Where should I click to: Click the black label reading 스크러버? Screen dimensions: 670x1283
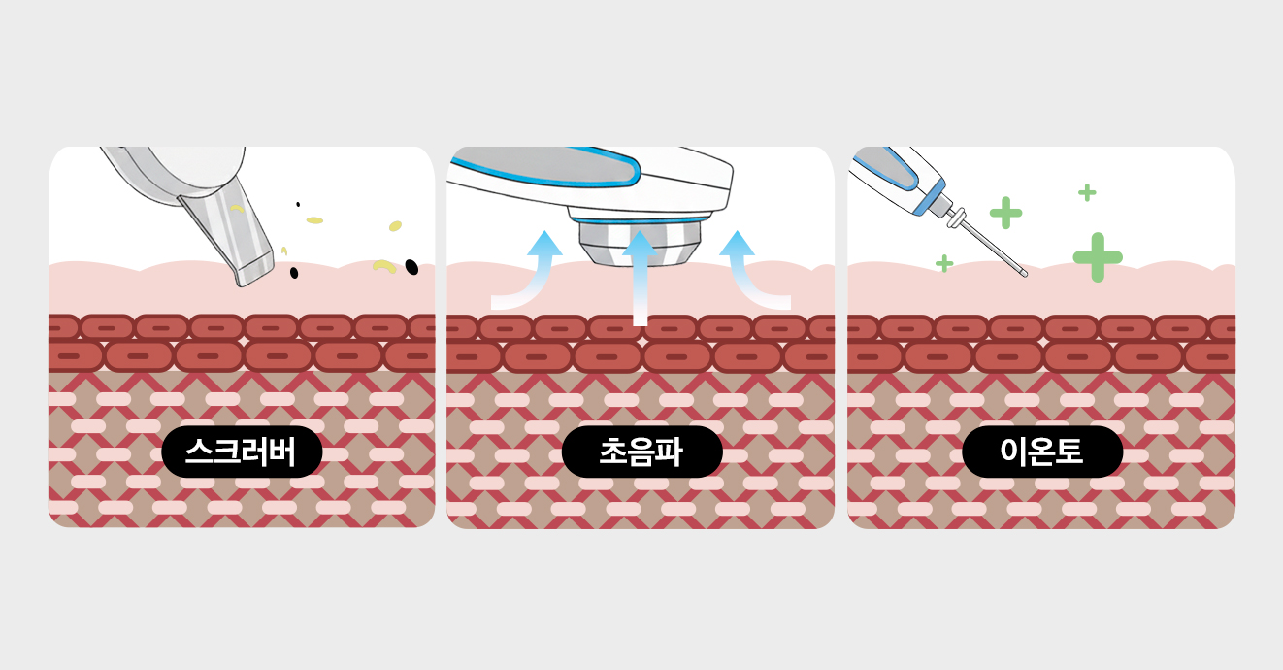[x=242, y=452]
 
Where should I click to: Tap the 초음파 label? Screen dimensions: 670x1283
[x=641, y=452]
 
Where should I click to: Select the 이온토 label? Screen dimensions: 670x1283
[x=1041, y=452]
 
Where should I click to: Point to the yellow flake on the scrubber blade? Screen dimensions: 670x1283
[x=236, y=208]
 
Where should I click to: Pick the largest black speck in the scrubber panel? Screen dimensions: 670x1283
[x=411, y=266]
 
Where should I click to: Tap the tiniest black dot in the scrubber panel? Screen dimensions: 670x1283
[x=298, y=204]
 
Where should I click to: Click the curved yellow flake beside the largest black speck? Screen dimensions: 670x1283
[x=385, y=264]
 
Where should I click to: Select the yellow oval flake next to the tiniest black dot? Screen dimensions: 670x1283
[x=314, y=220]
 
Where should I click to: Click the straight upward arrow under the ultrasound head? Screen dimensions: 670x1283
[x=640, y=277]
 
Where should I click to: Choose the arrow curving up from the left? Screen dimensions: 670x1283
[x=529, y=272]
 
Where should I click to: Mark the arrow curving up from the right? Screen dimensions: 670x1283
[x=752, y=272]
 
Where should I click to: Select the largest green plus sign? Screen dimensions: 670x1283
[x=1098, y=257]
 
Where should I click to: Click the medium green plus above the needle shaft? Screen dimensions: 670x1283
[x=1005, y=213]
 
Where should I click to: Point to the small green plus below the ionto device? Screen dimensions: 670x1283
[x=943, y=263]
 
